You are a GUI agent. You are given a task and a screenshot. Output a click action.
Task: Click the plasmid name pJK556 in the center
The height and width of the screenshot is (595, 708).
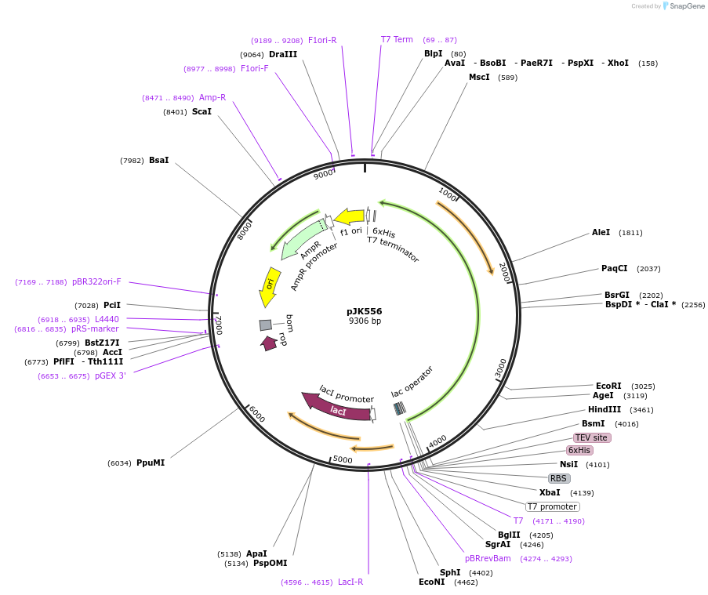(364, 311)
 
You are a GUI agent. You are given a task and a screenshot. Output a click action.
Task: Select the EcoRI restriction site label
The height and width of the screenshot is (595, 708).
(608, 386)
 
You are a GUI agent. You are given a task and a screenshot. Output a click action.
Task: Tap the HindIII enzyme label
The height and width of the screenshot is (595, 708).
(604, 409)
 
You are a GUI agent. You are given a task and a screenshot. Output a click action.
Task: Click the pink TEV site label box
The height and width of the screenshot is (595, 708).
(591, 437)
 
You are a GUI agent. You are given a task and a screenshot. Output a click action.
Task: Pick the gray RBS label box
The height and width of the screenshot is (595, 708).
(558, 478)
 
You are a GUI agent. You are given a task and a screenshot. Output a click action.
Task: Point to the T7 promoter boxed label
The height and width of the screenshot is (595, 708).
(552, 506)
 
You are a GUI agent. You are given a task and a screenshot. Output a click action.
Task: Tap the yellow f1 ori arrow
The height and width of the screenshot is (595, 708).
(350, 216)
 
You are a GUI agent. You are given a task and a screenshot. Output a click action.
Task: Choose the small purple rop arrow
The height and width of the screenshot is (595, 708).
(269, 343)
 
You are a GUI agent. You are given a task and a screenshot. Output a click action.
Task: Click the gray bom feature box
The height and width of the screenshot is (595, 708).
(266, 325)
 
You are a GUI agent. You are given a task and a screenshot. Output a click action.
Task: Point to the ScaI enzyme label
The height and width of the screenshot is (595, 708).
(202, 112)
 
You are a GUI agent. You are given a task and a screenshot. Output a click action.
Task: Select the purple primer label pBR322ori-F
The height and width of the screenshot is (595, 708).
(96, 281)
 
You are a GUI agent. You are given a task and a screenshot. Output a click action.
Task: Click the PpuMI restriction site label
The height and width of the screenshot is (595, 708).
(151, 463)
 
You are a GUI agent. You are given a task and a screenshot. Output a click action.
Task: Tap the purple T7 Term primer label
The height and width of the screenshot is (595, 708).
(397, 39)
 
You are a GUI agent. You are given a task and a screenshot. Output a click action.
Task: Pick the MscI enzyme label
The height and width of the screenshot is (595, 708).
(479, 77)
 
